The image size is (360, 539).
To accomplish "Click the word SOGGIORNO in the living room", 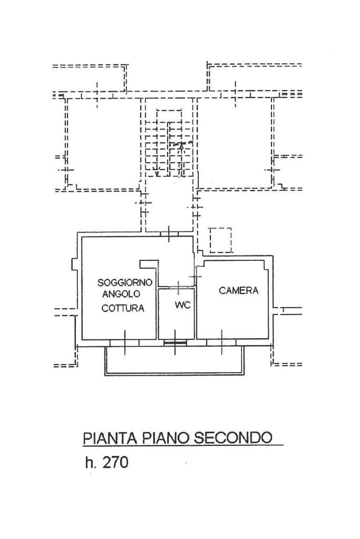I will (125, 282).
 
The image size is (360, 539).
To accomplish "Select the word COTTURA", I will (123, 308).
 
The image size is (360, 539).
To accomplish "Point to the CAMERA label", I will (239, 290).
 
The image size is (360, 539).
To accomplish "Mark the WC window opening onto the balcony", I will (175, 342).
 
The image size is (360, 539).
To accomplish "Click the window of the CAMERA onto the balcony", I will (221, 342).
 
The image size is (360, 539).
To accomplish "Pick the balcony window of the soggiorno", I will (125, 342).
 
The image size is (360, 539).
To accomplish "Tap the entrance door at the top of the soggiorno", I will (169, 233).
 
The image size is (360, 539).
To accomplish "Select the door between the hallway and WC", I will (178, 287).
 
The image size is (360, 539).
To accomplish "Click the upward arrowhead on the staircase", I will (181, 144).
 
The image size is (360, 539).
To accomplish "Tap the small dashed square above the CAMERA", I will (220, 240).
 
